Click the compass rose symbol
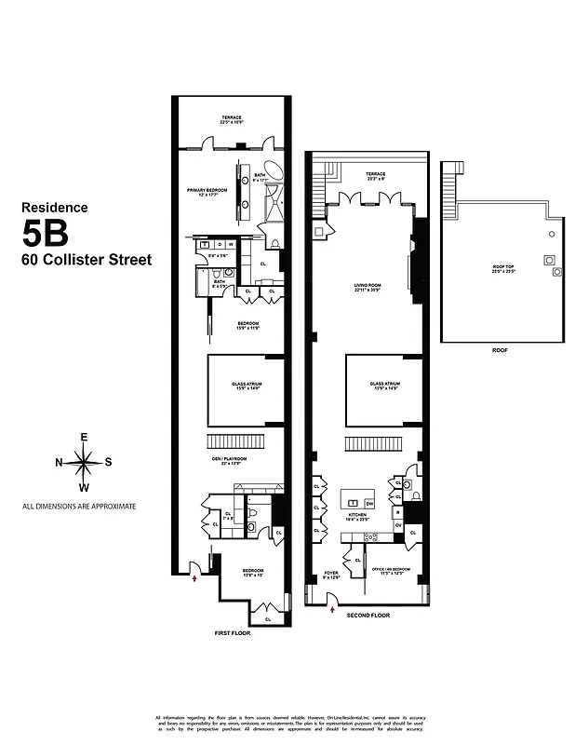[x=84, y=461]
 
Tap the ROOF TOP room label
[x=503, y=269]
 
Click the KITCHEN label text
[x=357, y=515]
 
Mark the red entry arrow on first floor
[x=194, y=578]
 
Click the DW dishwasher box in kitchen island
[x=368, y=502]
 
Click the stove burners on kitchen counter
[x=369, y=536]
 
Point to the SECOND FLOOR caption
[x=368, y=616]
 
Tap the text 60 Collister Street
[x=87, y=260]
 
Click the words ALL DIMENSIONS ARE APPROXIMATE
[x=79, y=507]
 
